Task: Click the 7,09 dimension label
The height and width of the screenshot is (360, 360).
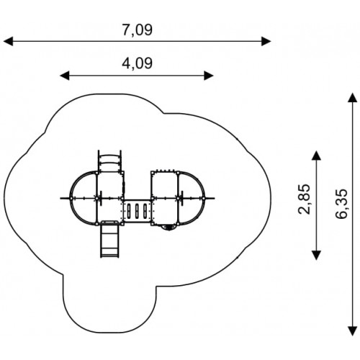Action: tap(137, 30)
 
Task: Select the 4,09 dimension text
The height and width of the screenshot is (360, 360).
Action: tap(137, 63)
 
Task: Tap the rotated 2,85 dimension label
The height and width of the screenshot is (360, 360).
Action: tap(305, 199)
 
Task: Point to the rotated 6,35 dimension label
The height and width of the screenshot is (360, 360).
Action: tap(341, 204)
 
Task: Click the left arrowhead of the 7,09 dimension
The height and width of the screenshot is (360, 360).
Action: tap(8, 41)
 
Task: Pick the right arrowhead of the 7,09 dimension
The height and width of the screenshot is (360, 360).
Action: tap(266, 41)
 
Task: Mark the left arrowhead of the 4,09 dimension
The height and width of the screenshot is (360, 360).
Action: tap(64, 76)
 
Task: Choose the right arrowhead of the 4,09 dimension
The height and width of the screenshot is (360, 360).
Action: tap(209, 76)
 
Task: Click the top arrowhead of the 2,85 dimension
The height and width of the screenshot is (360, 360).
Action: tap(316, 156)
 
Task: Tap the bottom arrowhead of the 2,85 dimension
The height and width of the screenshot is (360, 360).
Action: tap(316, 255)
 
